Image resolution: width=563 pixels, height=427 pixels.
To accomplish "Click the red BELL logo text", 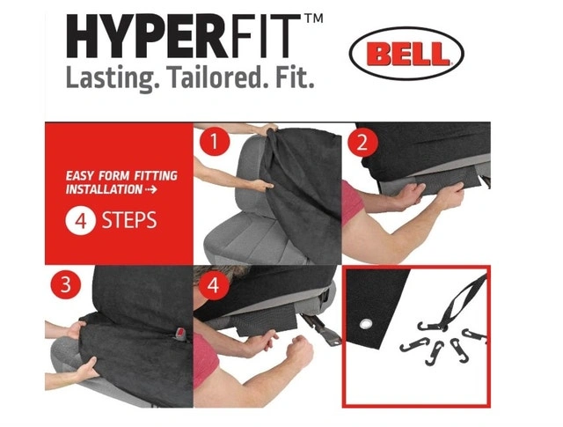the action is [x=407, y=54].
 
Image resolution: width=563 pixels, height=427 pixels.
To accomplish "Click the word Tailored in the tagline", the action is [x=214, y=77].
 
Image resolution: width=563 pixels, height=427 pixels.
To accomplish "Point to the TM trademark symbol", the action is [x=313, y=18].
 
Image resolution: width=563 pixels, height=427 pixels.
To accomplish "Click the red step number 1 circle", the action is [x=215, y=141].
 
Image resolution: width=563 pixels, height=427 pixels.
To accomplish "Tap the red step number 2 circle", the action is [x=362, y=143].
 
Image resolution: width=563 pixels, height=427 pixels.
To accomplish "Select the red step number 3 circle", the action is [x=66, y=284].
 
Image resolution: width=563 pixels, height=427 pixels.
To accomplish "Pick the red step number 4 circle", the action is [x=213, y=285].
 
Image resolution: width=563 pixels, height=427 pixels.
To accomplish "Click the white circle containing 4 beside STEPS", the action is [x=80, y=220].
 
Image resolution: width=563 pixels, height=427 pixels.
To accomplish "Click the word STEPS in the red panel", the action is [x=129, y=220].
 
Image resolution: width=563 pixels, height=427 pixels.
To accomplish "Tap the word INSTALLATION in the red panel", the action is [x=104, y=189].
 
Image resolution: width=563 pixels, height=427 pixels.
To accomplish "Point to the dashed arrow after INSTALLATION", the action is [x=151, y=189].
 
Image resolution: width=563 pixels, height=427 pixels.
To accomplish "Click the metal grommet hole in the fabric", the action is [x=365, y=325].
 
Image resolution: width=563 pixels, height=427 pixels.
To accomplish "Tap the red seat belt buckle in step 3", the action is [x=181, y=333].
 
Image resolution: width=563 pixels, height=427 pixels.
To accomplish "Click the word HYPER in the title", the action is [x=146, y=36].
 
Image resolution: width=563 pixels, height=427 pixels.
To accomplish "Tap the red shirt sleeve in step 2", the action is [x=352, y=203].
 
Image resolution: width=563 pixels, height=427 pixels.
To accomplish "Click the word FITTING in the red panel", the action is [x=156, y=176].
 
